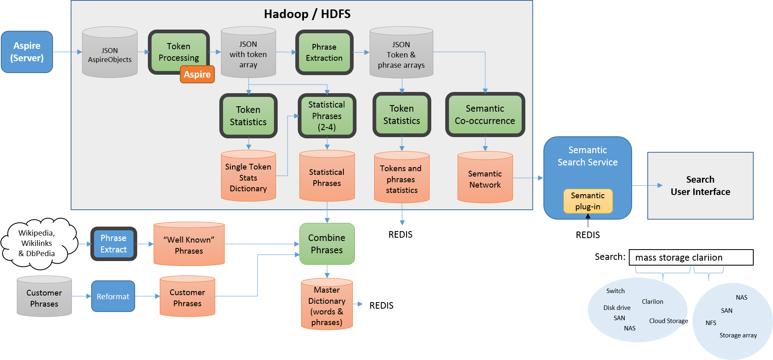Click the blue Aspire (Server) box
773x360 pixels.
(27, 52)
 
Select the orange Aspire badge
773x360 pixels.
(197, 74)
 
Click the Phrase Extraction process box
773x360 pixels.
(324, 53)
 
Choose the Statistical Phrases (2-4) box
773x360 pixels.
(327, 116)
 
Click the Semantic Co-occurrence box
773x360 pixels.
(485, 115)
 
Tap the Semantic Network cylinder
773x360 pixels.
(485, 179)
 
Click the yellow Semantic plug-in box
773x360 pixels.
(588, 201)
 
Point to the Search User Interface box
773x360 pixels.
(700, 186)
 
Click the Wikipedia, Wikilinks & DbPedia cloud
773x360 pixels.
(37, 243)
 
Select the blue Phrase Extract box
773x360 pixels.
(114, 244)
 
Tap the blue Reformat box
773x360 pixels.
(113, 296)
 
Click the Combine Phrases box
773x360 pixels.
(327, 244)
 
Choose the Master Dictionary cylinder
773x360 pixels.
(327, 306)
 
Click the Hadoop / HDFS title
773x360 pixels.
(307, 14)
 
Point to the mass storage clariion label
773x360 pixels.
(679, 257)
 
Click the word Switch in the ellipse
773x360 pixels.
(615, 291)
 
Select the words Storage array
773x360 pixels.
(738, 335)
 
